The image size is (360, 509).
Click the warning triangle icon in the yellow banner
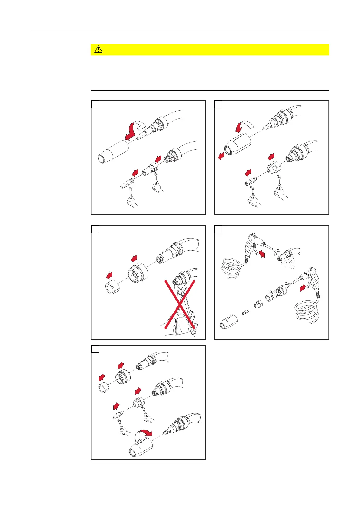[x=99, y=49]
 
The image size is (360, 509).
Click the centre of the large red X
[x=180, y=304]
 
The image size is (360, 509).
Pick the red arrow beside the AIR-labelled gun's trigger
[x=303, y=288]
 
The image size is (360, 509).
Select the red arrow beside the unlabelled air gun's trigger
[x=262, y=254]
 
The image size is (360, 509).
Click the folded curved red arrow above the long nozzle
[x=134, y=130]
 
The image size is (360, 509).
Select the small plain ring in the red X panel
[x=113, y=287]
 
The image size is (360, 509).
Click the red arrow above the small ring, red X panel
[x=109, y=275]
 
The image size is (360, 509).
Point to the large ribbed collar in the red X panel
[x=138, y=273]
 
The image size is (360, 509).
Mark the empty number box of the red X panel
[x=95, y=229]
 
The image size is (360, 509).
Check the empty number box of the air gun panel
[x=219, y=229]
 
